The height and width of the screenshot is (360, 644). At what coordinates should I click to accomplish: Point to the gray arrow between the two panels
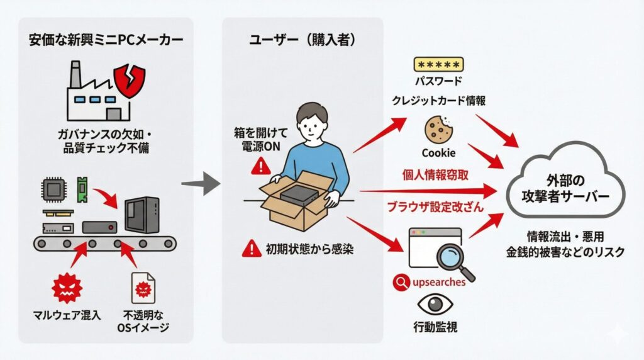tap(200, 184)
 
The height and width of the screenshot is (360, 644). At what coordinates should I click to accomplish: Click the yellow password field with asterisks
tap(438, 65)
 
